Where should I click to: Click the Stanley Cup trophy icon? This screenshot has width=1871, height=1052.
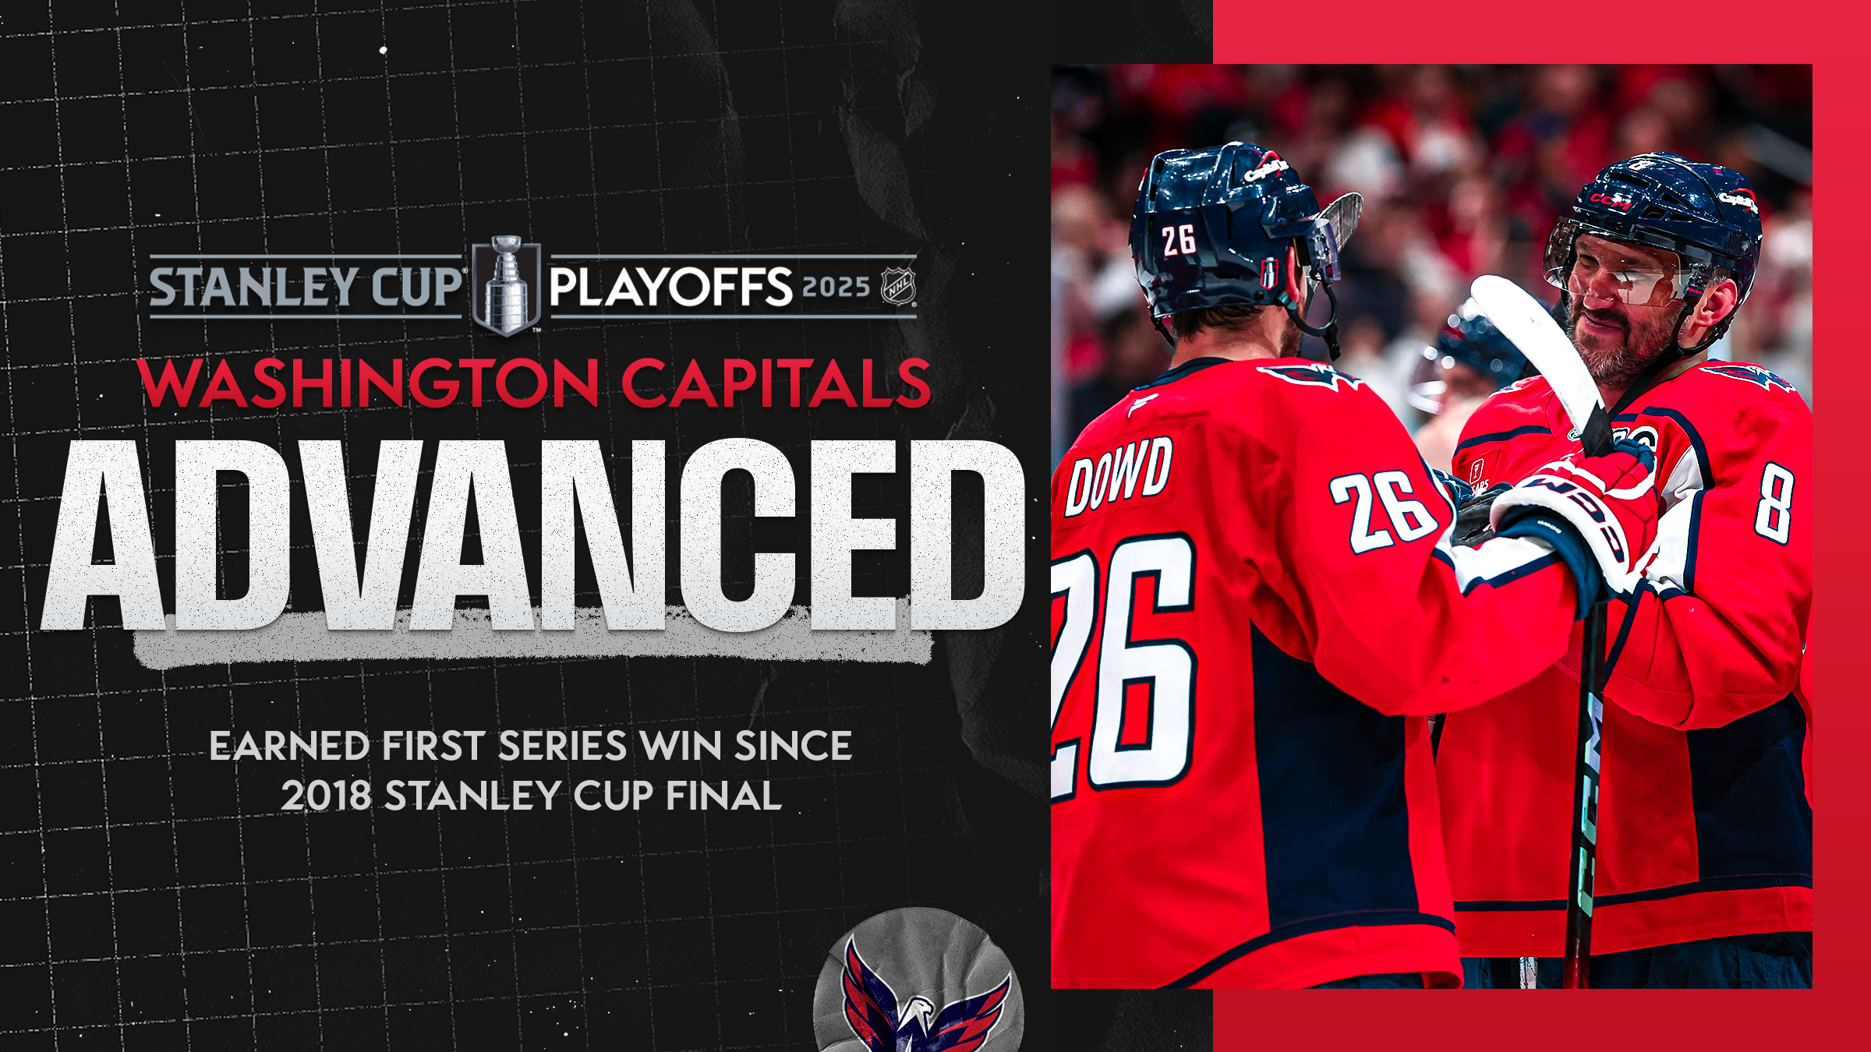point(507,285)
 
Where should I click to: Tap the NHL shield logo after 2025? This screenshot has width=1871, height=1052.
point(898,287)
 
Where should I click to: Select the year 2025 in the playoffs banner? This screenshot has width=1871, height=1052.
point(836,287)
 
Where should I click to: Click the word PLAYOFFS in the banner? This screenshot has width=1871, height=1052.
point(670,287)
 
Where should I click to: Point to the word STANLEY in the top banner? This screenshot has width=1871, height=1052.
point(254,287)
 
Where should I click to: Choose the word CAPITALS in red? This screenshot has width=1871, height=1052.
point(776,383)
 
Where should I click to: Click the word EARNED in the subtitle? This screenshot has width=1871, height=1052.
point(288,746)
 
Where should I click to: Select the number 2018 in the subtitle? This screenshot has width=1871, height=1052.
point(326,796)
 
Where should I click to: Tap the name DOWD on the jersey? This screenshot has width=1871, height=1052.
point(1119,475)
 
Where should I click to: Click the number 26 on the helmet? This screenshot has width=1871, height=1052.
point(1178,240)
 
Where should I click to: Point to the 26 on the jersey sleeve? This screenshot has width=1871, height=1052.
point(1384,510)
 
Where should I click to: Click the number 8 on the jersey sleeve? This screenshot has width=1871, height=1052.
point(1774,503)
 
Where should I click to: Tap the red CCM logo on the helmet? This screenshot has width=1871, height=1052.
point(1611,202)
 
